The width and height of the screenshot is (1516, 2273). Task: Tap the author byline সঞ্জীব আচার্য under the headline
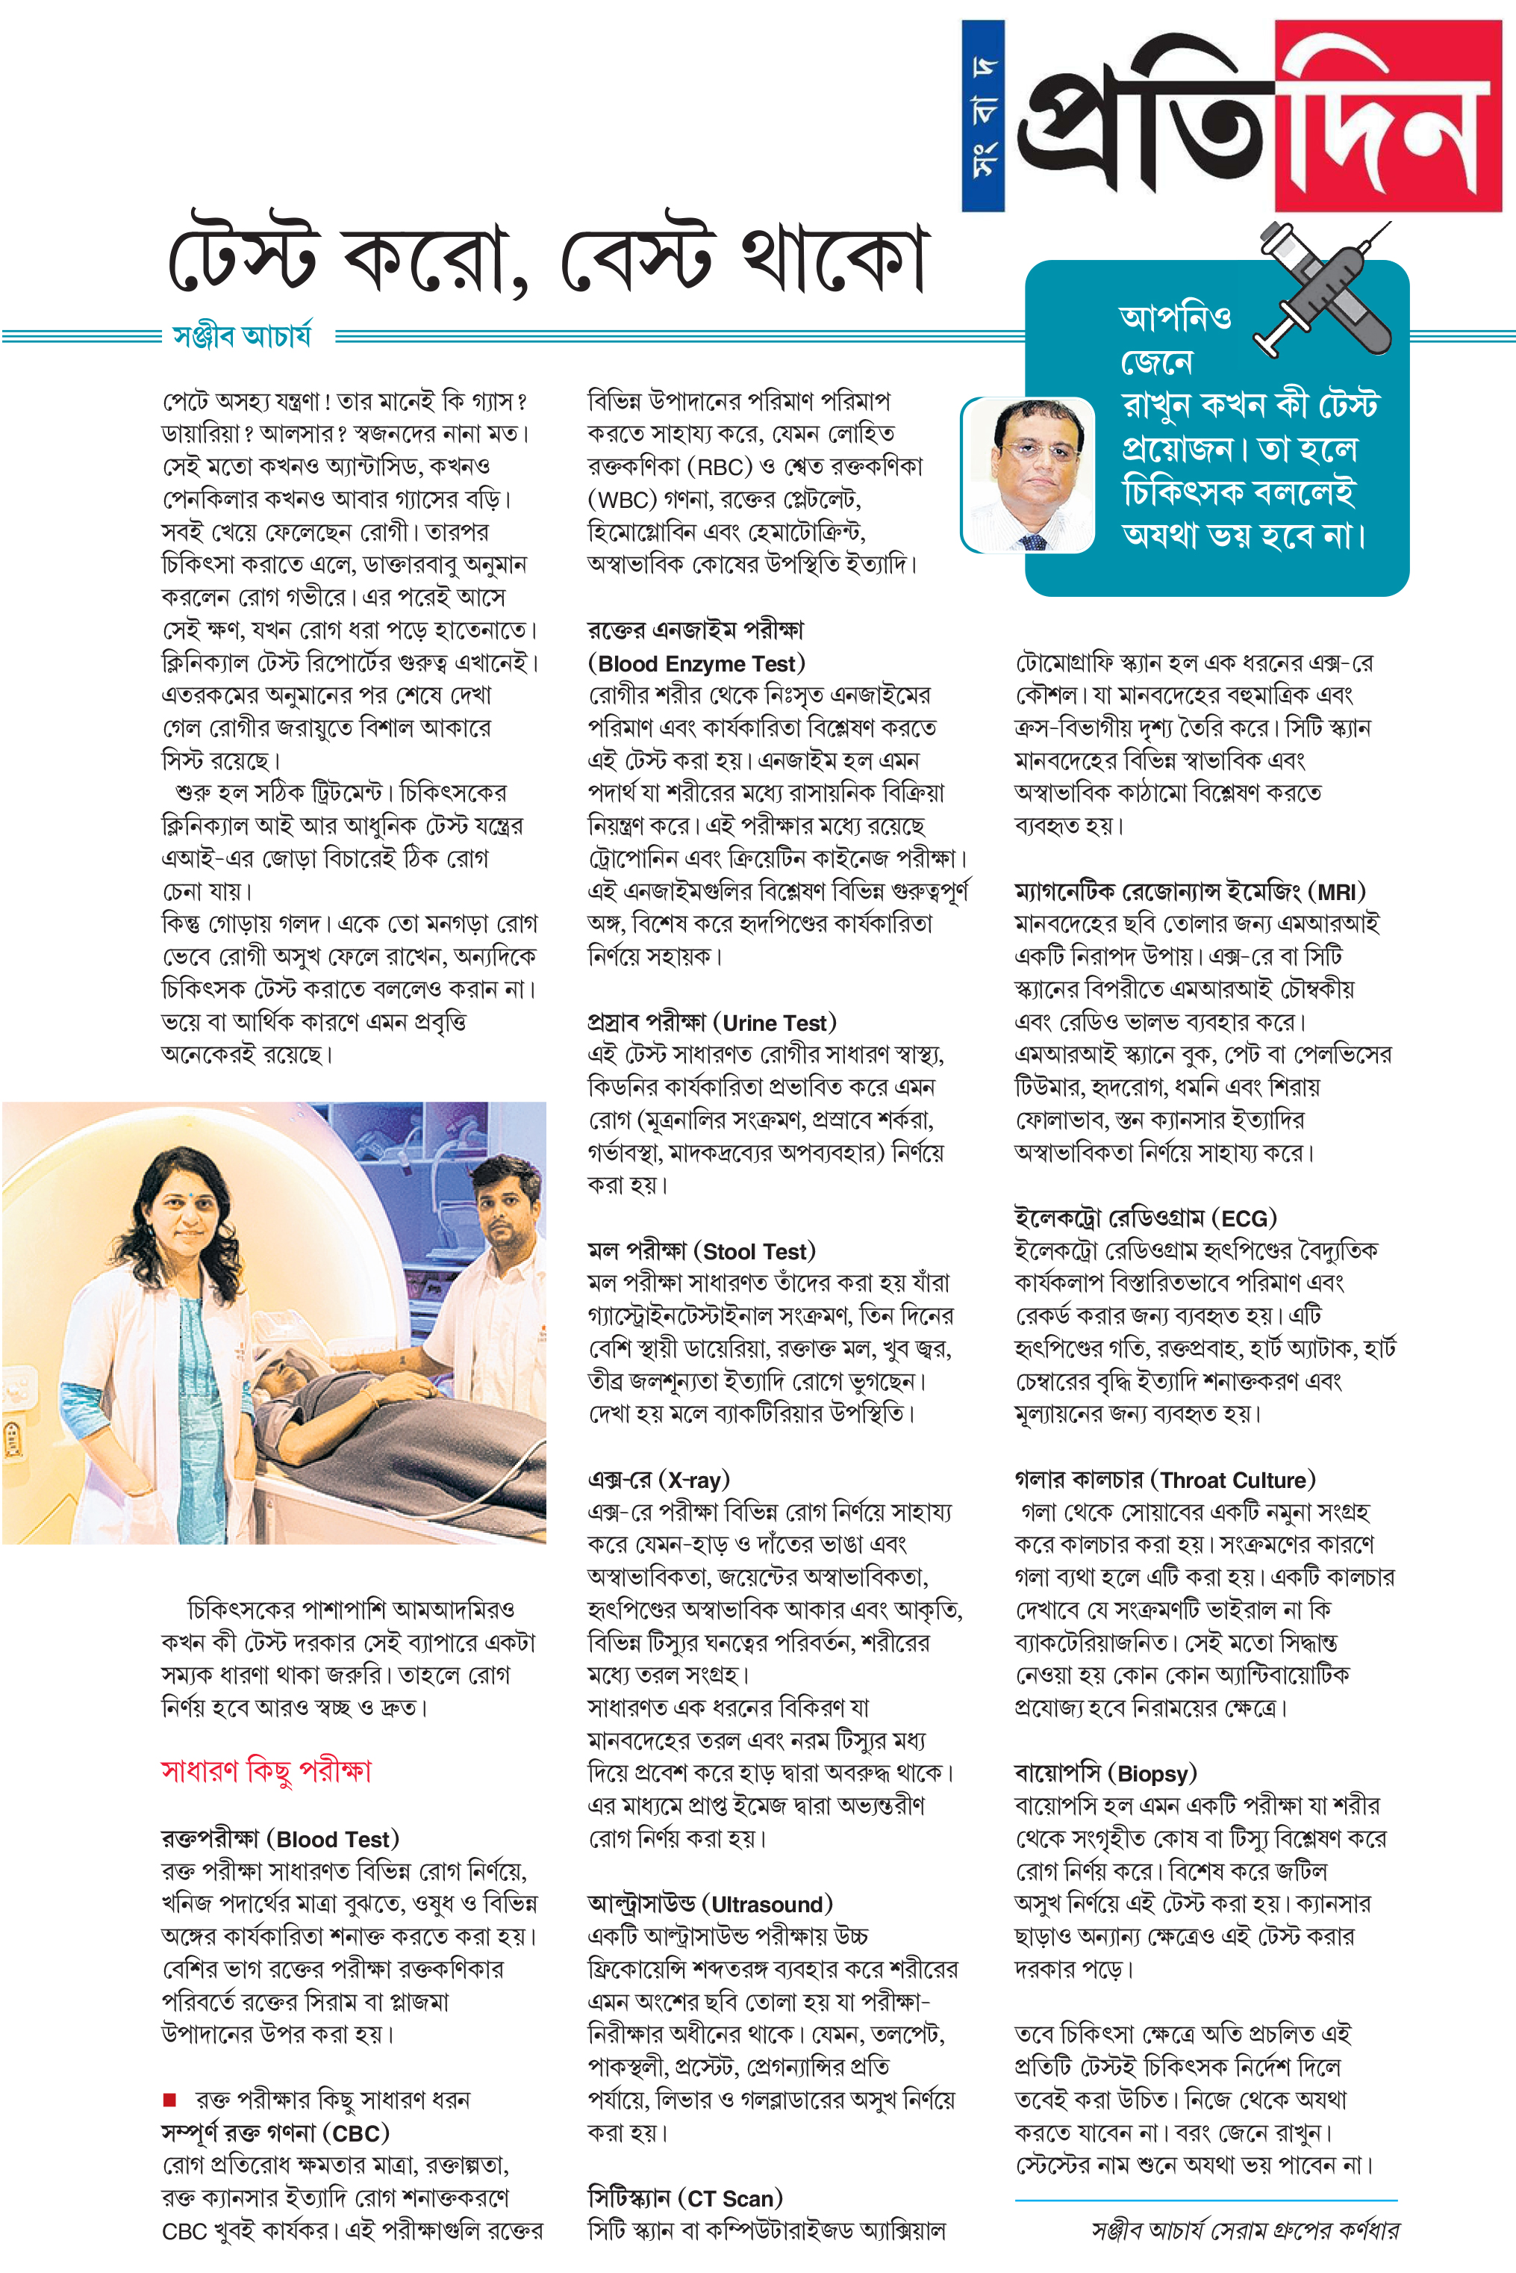tap(242, 335)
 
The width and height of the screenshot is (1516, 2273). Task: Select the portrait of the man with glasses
tap(1028, 475)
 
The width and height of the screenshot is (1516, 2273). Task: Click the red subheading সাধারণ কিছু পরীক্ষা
tap(266, 1771)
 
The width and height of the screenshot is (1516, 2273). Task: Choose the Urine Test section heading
tap(711, 1023)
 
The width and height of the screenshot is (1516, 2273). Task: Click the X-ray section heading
tap(658, 1479)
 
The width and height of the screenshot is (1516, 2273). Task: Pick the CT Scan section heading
tap(684, 2198)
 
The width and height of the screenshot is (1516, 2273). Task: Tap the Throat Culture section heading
tap(1164, 1479)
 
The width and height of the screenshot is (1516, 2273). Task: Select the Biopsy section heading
tap(1105, 1773)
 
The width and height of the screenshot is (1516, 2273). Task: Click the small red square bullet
tap(170, 2099)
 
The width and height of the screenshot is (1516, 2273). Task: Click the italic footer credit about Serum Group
tap(1244, 2230)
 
